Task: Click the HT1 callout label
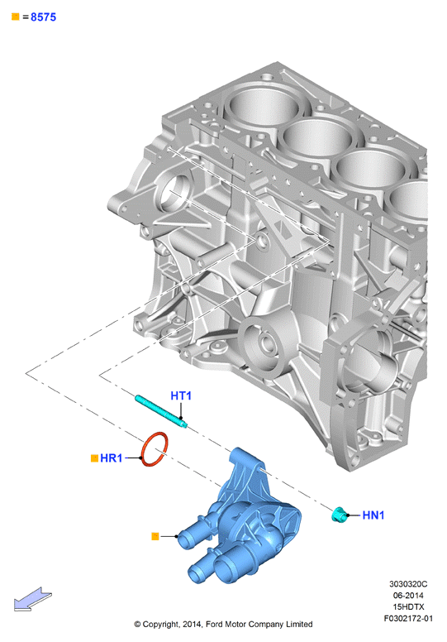tap(181, 395)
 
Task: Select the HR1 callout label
tap(112, 458)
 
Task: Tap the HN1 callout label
tap(373, 515)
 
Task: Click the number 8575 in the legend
tap(43, 17)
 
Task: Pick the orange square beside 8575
tap(16, 17)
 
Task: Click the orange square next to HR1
tap(94, 458)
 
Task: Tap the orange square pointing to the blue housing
tap(155, 536)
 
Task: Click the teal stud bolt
tap(161, 411)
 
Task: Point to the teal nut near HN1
tap(339, 515)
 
